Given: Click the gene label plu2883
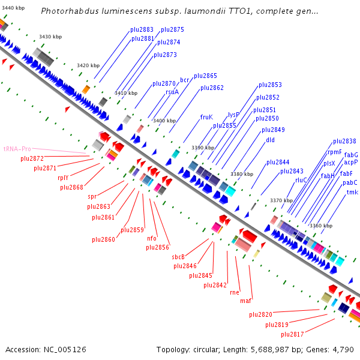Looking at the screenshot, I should (142, 29).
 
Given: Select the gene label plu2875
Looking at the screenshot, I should (172, 29).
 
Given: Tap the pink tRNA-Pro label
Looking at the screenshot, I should (17, 148).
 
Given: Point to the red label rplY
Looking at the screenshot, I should (63, 178).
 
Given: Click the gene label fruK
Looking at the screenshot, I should (206, 117).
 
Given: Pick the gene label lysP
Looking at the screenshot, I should (233, 115).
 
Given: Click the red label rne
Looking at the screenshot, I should (234, 292).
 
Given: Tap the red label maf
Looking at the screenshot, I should (245, 300).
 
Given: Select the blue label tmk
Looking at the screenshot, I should (352, 192).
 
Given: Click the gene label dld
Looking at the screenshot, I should (271, 140).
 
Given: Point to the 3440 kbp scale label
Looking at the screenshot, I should (12, 8).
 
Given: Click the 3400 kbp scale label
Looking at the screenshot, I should (164, 121).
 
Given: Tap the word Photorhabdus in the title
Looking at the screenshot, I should (67, 11).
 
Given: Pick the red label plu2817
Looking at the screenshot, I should (292, 334).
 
